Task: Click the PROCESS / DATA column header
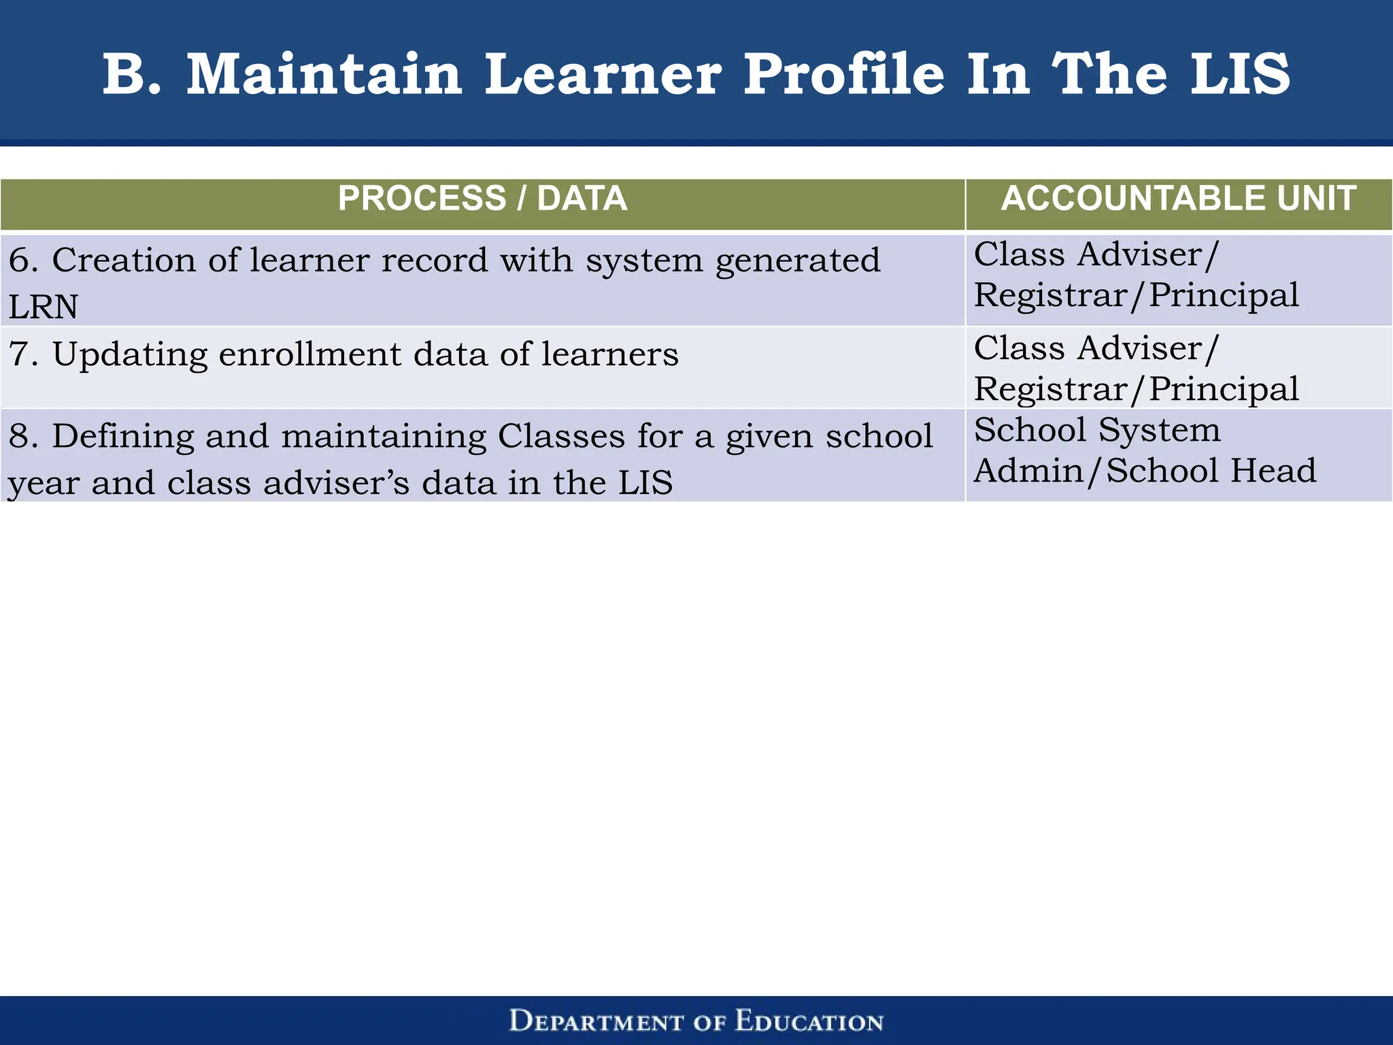coord(482,199)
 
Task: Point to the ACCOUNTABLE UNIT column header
coord(1178,199)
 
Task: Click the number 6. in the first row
coord(23,260)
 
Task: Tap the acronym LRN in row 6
coord(43,307)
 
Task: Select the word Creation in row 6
coord(123,260)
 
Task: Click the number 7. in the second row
coord(23,354)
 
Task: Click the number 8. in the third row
coord(23,436)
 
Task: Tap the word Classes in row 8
coord(560,436)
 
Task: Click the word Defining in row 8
coord(123,436)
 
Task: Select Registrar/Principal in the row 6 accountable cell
coord(1136,295)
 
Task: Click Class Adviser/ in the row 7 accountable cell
coord(1096,348)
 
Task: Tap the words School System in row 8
coord(1096,430)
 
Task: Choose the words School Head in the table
coord(1211,471)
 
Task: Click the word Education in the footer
coord(809,1021)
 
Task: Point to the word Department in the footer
coord(596,1021)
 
